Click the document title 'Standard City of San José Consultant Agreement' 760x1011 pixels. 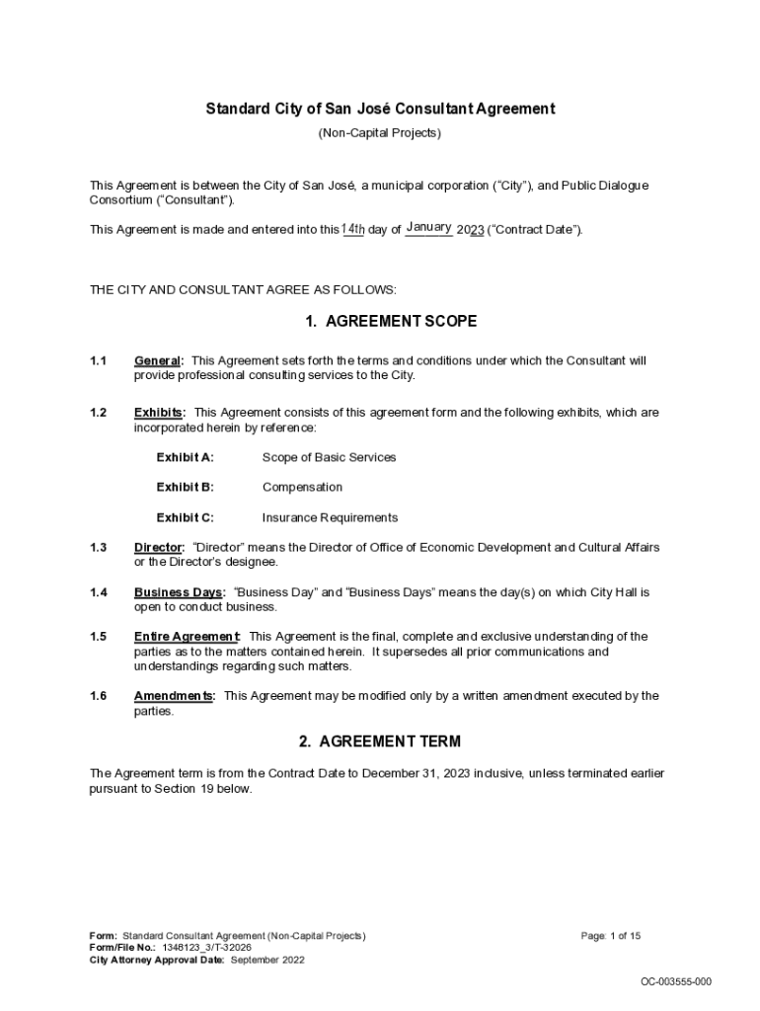point(380,109)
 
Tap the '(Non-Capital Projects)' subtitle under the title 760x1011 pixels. point(380,132)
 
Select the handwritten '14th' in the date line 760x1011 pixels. point(353,229)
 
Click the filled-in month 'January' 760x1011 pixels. point(428,228)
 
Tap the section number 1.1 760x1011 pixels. point(98,361)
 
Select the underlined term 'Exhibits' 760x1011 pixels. point(158,413)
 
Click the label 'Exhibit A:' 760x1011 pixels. point(185,457)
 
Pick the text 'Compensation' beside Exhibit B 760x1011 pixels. point(302,487)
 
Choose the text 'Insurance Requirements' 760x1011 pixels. point(330,517)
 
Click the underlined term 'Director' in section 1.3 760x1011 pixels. point(158,547)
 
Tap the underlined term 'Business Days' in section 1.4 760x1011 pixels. point(179,592)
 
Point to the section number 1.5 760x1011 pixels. point(98,637)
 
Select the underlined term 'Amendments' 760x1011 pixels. point(174,696)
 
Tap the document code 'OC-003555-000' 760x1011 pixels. point(676,981)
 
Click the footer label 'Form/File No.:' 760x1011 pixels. point(123,948)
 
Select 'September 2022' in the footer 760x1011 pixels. point(267,960)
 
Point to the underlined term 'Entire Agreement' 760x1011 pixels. point(187,637)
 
